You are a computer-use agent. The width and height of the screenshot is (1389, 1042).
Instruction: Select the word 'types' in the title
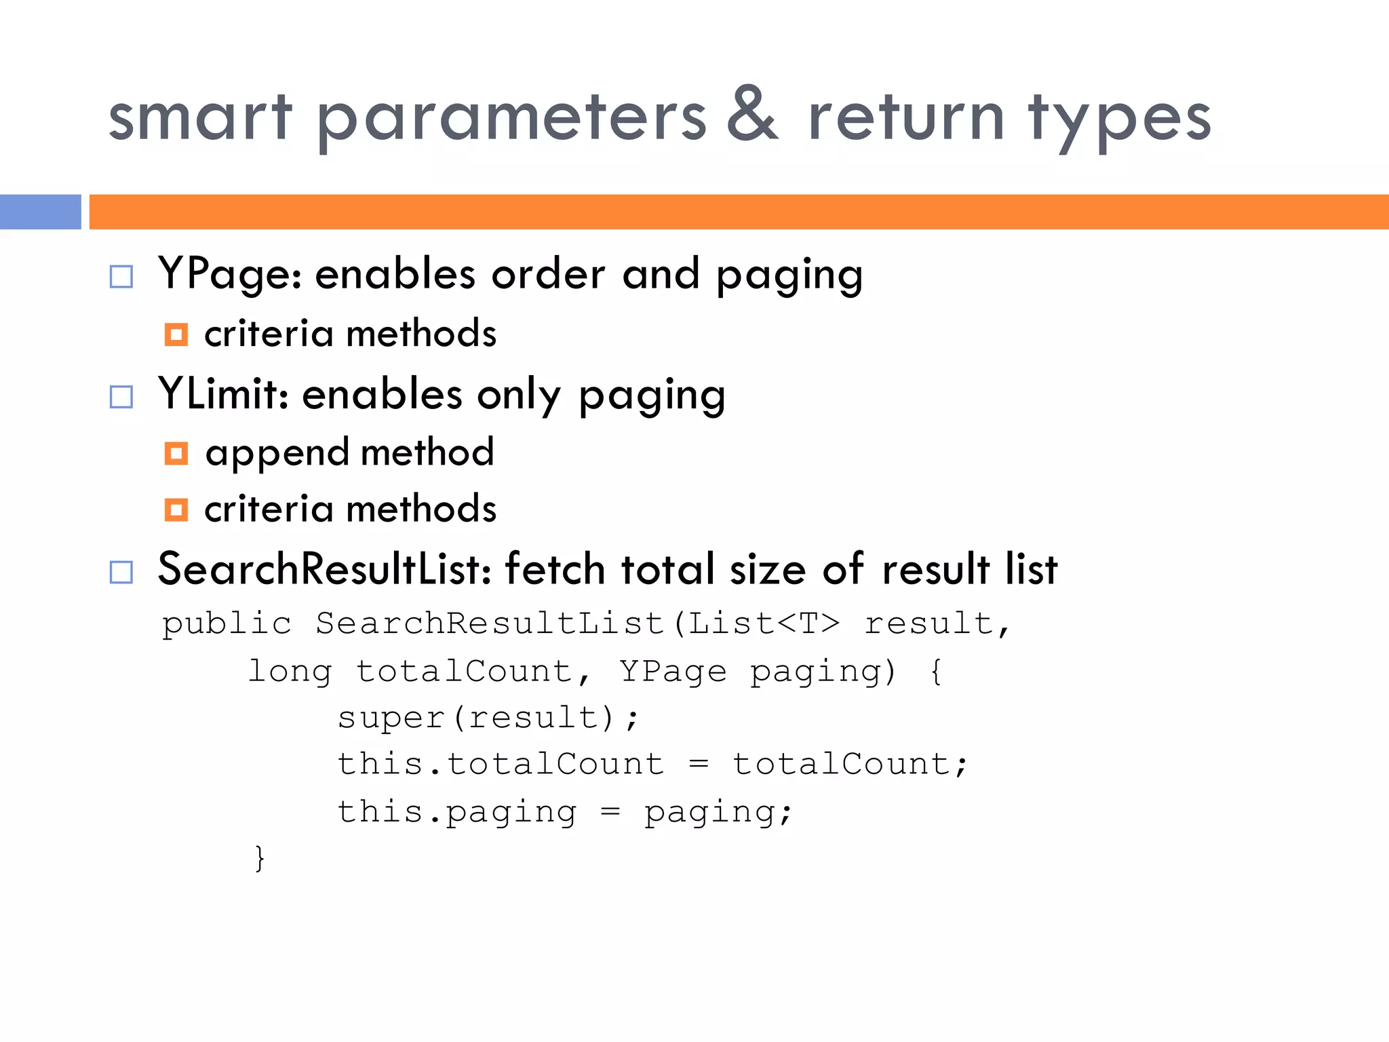(1119, 119)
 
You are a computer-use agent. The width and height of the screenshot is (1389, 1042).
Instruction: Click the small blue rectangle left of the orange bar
(40, 212)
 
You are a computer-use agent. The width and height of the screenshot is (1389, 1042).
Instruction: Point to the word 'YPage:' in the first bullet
(230, 275)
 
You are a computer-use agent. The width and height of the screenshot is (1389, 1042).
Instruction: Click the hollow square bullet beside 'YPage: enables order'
(121, 276)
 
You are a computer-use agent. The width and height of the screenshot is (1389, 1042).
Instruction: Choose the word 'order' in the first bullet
(548, 275)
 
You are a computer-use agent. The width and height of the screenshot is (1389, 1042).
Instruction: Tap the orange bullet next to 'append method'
(176, 453)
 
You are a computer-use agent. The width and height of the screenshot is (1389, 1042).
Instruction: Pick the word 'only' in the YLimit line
(519, 396)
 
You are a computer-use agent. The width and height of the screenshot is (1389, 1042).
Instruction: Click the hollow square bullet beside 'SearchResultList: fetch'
(121, 572)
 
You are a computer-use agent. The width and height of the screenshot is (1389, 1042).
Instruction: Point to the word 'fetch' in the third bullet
(554, 569)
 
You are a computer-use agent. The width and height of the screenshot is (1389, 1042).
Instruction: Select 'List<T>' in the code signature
(764, 623)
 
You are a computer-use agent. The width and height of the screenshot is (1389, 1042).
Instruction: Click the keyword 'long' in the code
(290, 672)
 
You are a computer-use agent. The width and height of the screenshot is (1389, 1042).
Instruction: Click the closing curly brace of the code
(259, 858)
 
